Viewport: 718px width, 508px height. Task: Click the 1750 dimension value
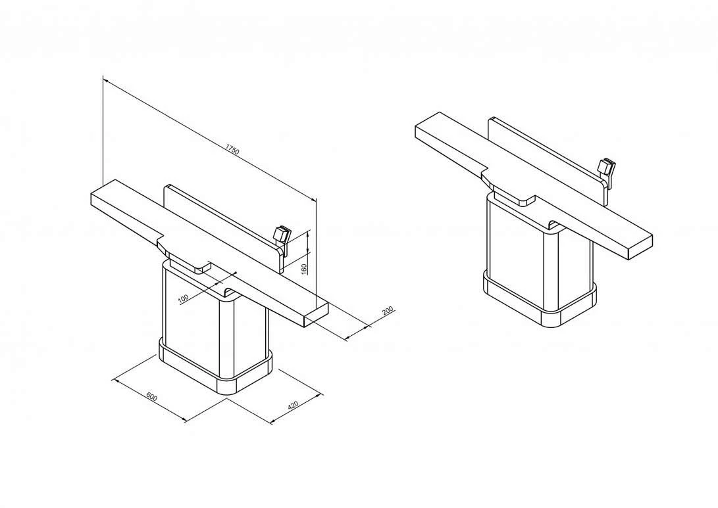click(x=232, y=150)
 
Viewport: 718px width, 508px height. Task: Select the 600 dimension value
click(x=151, y=396)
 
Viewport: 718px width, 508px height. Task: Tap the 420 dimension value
click(x=293, y=405)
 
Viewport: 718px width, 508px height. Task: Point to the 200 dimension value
click(x=388, y=311)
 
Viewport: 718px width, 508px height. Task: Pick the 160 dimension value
click(x=304, y=269)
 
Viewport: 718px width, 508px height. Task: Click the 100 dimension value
click(x=183, y=298)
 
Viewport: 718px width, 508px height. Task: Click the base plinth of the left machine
click(x=215, y=366)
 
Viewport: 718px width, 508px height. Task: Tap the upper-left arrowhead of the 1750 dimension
click(x=105, y=80)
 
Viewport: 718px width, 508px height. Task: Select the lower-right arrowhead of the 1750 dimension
click(x=314, y=199)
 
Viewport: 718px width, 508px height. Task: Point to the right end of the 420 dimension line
click(x=322, y=394)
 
